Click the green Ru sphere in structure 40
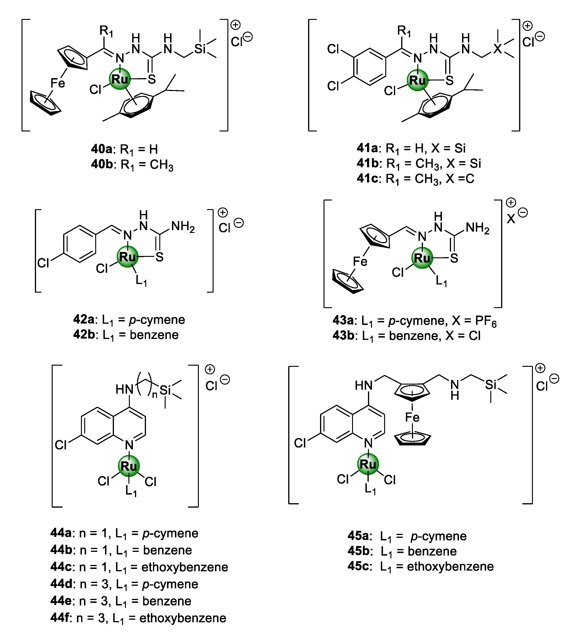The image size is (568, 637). tap(120, 79)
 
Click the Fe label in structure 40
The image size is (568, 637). tap(58, 83)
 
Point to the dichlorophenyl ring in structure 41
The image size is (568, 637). tap(370, 66)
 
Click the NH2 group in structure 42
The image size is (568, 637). tap(183, 227)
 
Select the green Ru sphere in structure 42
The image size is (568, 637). tap(127, 257)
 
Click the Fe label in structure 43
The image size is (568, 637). tap(360, 262)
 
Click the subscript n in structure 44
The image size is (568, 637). tap(154, 395)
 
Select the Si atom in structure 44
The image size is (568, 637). tap(165, 390)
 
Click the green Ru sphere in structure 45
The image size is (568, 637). tap(368, 464)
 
